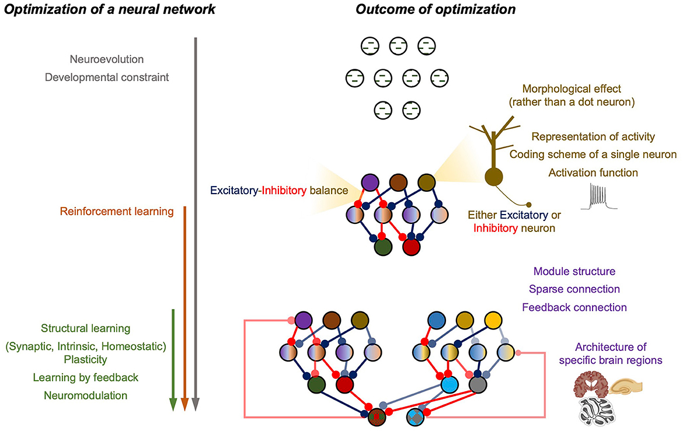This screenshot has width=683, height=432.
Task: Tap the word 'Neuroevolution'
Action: pyautogui.click(x=106, y=59)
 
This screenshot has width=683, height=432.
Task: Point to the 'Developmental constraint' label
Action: pyautogui.click(x=106, y=76)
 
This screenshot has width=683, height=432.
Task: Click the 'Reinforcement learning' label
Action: pyautogui.click(x=117, y=212)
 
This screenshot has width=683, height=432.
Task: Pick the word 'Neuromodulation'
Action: pyautogui.click(x=85, y=395)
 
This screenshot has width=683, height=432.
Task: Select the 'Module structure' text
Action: pyautogui.click(x=574, y=272)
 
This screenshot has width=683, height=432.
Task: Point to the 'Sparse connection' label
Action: pyautogui.click(x=574, y=289)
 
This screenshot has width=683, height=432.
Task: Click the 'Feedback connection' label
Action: pyautogui.click(x=574, y=307)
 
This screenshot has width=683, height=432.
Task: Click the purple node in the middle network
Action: pyautogui.click(x=370, y=182)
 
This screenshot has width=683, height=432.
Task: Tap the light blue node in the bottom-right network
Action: pyautogui.click(x=448, y=385)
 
